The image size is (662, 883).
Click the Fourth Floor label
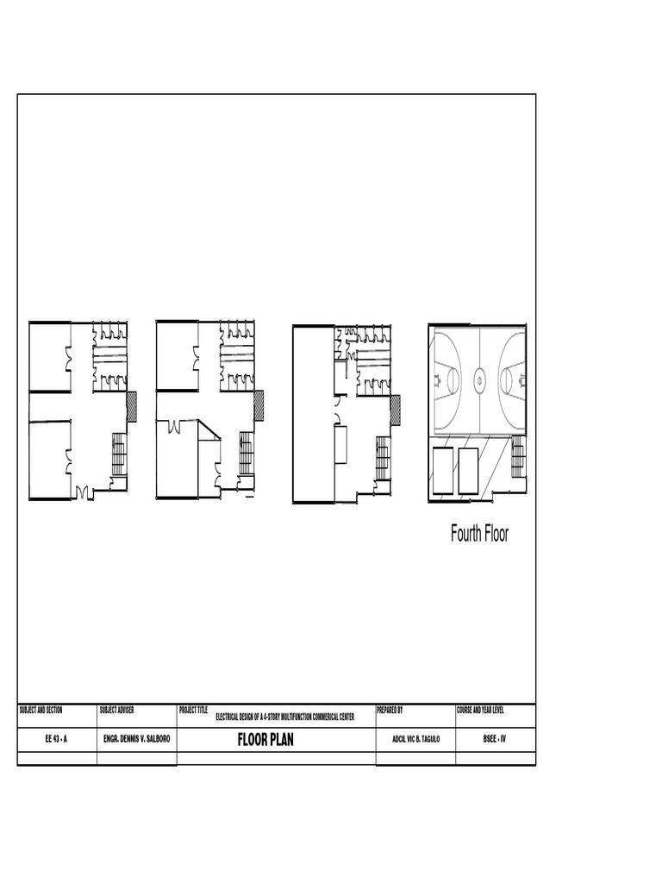[479, 534]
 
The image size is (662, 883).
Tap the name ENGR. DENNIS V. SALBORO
[136, 740]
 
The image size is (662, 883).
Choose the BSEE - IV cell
[495, 740]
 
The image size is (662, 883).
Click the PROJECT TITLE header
[194, 711]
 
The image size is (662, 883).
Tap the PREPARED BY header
[390, 711]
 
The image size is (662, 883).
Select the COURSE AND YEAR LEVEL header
[480, 711]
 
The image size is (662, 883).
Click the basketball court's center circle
[479, 376]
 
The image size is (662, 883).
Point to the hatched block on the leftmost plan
[132, 406]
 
